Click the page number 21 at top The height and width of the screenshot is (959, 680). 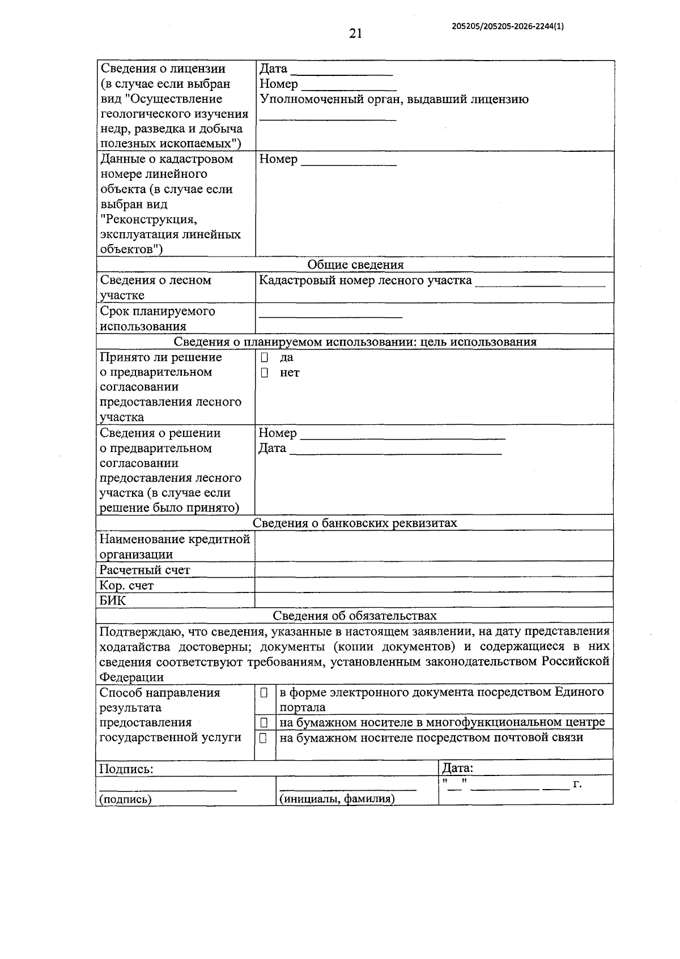[x=355, y=34]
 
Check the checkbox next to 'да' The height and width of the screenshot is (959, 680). [x=265, y=358]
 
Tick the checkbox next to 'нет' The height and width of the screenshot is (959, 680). [x=265, y=373]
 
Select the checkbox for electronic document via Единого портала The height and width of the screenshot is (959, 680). [x=264, y=693]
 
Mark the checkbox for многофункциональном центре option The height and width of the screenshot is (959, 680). [x=264, y=723]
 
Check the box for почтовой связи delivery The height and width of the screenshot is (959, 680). [x=264, y=738]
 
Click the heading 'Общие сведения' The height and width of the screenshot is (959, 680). [x=355, y=265]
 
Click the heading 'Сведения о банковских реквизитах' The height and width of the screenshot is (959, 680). [x=355, y=523]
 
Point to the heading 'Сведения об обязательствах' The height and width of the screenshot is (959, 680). [x=355, y=616]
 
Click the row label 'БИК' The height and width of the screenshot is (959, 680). [x=113, y=600]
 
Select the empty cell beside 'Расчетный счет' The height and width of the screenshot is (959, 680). [x=433, y=570]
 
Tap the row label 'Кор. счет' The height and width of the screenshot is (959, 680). [x=126, y=585]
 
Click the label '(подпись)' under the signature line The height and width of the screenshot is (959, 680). [x=125, y=799]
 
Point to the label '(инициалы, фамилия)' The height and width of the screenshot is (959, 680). [x=337, y=799]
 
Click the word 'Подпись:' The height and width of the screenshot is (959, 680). [x=126, y=769]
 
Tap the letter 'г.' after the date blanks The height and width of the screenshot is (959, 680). [x=577, y=785]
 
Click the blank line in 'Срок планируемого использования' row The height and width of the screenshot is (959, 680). [x=330, y=316]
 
